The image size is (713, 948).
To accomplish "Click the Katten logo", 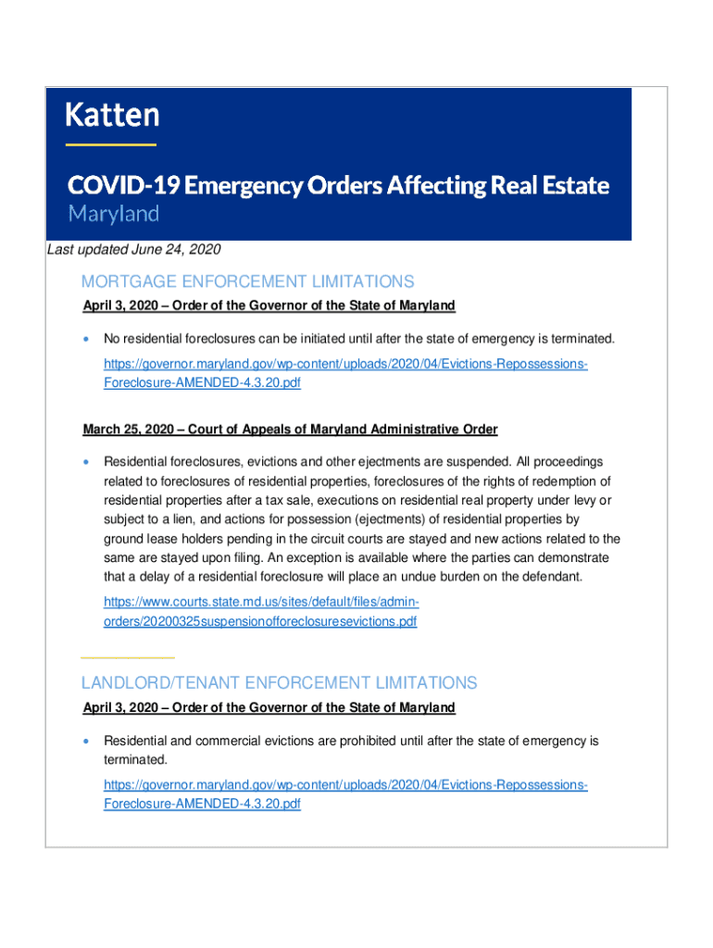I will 112,116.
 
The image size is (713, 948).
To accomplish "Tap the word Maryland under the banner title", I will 113,214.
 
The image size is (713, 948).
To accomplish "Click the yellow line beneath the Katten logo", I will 110,144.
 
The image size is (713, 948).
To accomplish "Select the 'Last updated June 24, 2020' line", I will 134,250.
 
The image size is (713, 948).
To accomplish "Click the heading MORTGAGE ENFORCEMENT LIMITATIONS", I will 247,281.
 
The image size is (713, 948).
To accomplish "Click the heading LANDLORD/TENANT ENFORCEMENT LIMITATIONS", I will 279,683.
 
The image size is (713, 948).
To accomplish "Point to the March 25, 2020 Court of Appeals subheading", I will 290,430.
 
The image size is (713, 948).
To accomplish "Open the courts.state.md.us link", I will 261,612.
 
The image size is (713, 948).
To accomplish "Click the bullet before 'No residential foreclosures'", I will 87,339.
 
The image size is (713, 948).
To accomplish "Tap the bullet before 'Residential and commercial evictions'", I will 87,742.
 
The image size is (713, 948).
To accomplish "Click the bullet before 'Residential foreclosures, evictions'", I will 87,461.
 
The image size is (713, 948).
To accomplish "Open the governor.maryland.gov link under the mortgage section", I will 344,373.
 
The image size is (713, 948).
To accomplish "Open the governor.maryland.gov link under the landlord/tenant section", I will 344,794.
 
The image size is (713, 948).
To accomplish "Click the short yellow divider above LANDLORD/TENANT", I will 128,656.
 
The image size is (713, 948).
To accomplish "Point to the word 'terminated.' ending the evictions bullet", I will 135,760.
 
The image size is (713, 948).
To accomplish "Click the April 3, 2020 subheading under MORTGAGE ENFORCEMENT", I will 269,306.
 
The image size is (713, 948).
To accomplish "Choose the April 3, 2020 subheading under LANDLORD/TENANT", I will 269,708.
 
